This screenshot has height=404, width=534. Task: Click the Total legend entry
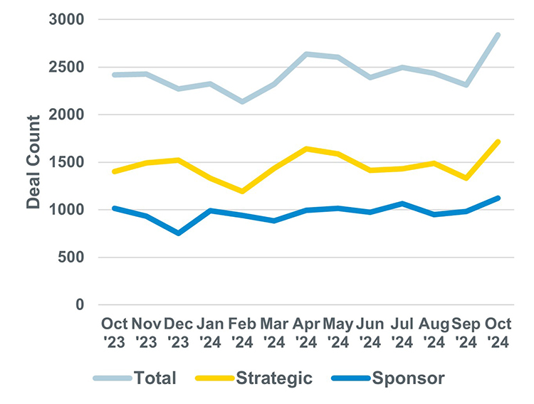point(153,378)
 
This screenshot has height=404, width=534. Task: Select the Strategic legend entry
point(275,378)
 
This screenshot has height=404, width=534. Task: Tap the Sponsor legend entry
point(408,378)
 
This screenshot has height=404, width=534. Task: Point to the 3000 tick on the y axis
point(68,20)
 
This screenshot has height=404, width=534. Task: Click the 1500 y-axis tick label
point(68,162)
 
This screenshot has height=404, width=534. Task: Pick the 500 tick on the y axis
point(73,257)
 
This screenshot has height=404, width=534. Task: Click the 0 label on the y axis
point(80,304)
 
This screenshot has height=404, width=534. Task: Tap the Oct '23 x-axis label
point(114,333)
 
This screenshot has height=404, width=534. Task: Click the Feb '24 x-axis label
point(243,333)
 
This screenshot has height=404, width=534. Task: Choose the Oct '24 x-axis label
point(498,333)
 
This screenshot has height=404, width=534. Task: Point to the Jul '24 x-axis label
point(402,333)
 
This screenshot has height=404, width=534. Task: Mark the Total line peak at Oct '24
point(498,35)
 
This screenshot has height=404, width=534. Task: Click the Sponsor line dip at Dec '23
point(179,233)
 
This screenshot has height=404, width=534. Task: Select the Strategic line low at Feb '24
point(243,191)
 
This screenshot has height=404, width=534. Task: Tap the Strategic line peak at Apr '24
point(306,149)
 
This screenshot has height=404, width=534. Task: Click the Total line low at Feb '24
point(243,102)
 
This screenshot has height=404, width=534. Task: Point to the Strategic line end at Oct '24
point(498,142)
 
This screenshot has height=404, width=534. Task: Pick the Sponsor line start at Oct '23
point(114,208)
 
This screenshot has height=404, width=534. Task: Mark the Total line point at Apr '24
point(306,54)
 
